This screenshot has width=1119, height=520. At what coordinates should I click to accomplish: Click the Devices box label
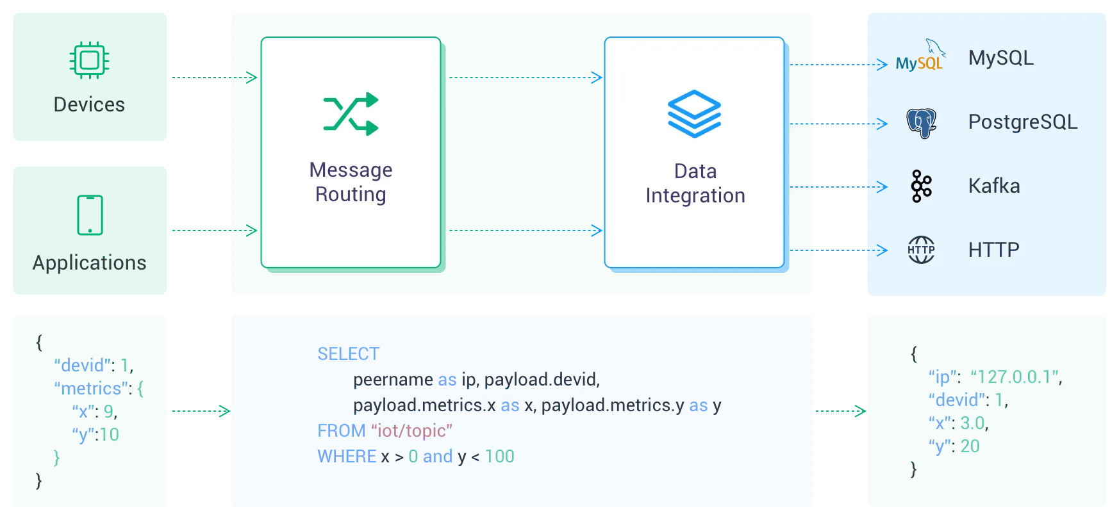point(89,104)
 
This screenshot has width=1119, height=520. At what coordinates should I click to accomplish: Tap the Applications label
point(90,263)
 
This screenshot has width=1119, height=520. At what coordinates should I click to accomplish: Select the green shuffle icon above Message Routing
point(351,114)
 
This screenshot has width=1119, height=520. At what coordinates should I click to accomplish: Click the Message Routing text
point(351,182)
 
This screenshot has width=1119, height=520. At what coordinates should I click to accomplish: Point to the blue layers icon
point(694,113)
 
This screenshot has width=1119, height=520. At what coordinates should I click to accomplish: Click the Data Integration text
point(695,183)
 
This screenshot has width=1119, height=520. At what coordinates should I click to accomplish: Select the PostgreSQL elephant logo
point(921,123)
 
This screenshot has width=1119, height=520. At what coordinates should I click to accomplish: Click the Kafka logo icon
point(921,186)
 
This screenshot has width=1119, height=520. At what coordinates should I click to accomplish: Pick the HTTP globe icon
point(921,250)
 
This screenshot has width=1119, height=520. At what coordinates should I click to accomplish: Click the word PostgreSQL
point(1023,122)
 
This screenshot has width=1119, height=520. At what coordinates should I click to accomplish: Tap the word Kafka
point(994,186)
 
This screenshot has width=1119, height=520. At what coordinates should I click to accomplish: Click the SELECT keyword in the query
point(348,354)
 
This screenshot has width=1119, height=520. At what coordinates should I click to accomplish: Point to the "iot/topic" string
point(412,431)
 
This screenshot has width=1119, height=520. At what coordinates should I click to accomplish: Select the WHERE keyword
point(347,457)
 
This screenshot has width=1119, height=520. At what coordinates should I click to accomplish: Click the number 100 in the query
point(500,457)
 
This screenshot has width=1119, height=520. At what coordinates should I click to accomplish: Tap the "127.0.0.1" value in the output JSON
point(1015,377)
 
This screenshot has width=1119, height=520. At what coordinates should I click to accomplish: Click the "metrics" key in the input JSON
point(91,389)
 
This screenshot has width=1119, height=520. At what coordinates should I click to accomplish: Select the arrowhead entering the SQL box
point(223,412)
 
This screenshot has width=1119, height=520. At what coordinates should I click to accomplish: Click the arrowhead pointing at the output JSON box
point(859,412)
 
